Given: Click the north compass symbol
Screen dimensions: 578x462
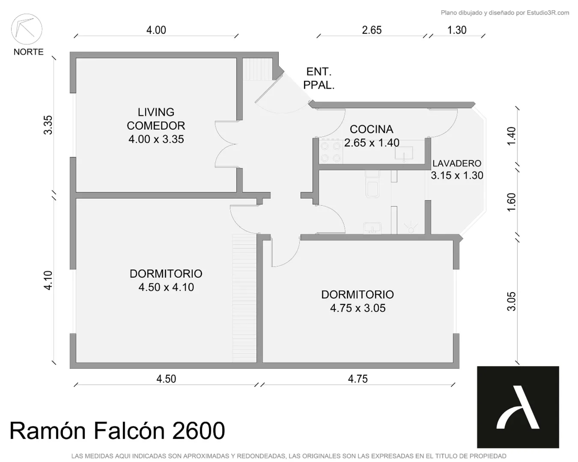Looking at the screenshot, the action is click(26, 29).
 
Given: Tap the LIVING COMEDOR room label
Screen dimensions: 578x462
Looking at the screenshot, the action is click(156, 119).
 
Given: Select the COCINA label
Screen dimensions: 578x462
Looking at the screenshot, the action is click(371, 129).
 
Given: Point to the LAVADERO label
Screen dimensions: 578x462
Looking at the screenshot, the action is click(457, 163).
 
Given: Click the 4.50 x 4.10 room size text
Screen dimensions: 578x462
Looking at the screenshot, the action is click(166, 287).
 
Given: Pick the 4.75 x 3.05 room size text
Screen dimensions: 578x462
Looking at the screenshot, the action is click(358, 308).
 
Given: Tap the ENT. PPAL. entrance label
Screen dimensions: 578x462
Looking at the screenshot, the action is click(319, 79).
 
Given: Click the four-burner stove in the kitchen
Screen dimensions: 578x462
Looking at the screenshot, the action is click(331, 151).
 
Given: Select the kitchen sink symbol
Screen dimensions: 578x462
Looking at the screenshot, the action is click(404, 153).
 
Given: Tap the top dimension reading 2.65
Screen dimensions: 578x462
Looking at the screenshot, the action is click(372, 30).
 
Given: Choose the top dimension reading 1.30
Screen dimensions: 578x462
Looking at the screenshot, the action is click(457, 30).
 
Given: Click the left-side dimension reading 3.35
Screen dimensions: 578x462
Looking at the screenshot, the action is click(48, 125).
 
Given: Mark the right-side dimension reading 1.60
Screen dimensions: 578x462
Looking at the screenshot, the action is click(511, 202).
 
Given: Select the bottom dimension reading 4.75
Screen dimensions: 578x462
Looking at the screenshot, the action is click(358, 379).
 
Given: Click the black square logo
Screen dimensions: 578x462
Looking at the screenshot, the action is click(518, 407).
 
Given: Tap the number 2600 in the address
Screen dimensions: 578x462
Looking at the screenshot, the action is click(198, 431).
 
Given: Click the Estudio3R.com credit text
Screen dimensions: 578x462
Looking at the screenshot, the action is click(548, 13).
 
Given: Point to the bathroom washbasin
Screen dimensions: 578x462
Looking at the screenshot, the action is click(372, 228).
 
